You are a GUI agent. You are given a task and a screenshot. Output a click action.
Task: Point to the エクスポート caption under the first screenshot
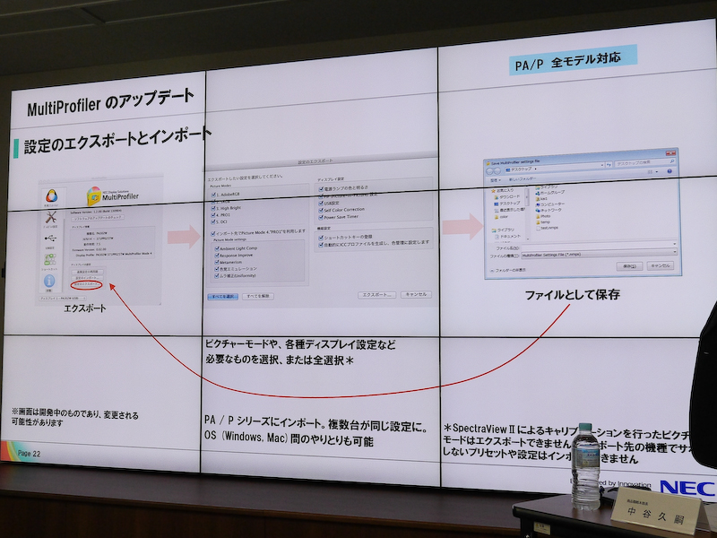click(85, 308)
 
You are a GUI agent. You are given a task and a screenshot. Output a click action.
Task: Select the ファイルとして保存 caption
click(572, 294)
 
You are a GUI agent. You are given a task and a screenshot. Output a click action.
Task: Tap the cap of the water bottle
click(585, 430)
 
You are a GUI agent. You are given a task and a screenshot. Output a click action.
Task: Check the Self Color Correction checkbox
click(320, 209)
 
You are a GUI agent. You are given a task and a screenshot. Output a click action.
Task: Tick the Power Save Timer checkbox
click(320, 216)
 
